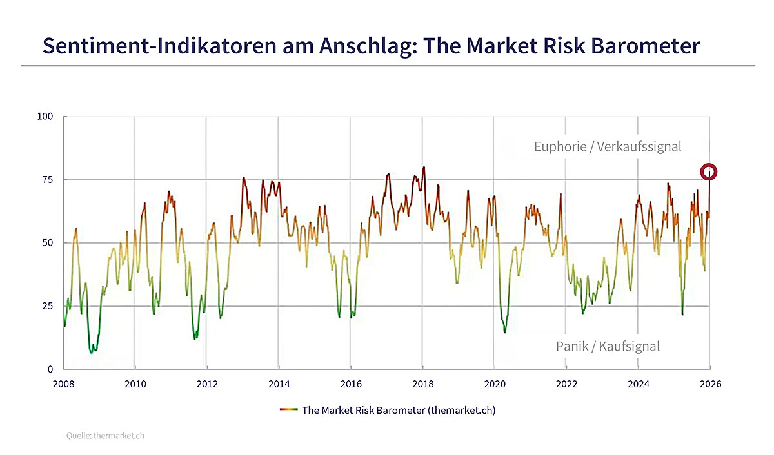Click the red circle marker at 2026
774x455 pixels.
point(709,171)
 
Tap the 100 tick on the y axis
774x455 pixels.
point(45,117)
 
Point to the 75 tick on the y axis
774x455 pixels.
point(48,180)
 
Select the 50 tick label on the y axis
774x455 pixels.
point(48,243)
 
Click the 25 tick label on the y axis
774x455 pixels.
point(48,306)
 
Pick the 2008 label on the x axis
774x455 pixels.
point(64,383)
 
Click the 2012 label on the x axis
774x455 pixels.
point(206,383)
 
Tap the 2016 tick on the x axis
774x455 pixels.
point(351,383)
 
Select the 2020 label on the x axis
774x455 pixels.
point(494,383)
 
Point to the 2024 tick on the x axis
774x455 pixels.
point(639,383)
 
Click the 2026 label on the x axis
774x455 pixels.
point(710,383)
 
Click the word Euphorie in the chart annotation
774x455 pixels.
point(560,146)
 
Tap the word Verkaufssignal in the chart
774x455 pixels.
point(639,146)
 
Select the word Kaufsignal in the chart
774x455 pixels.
point(629,346)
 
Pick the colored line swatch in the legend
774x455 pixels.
point(288,410)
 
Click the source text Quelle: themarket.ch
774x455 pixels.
point(105,436)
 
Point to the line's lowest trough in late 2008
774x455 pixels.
point(92,353)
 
